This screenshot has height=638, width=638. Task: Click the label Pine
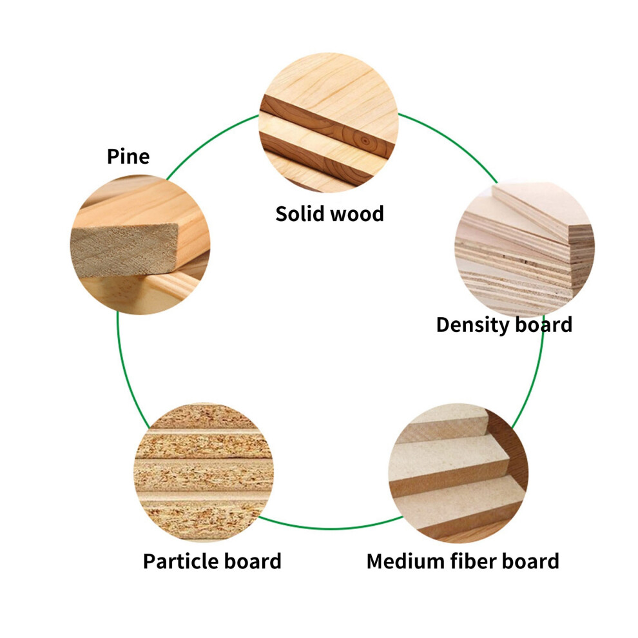128,157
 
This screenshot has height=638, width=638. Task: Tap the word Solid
299,213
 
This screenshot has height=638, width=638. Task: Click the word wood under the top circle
357,214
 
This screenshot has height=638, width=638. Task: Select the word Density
473,325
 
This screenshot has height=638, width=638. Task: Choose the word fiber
473,561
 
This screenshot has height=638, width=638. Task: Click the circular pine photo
140,244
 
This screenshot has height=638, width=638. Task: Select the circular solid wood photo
329,122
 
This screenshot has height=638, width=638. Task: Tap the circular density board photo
525,249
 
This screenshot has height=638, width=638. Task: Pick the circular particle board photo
204,472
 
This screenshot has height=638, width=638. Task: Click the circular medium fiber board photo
459,473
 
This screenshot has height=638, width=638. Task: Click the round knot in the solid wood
365,141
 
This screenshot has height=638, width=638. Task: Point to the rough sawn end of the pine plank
124,251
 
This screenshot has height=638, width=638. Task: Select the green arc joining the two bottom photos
331,528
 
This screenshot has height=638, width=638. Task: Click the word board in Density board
544,325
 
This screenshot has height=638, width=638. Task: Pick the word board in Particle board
252,561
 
